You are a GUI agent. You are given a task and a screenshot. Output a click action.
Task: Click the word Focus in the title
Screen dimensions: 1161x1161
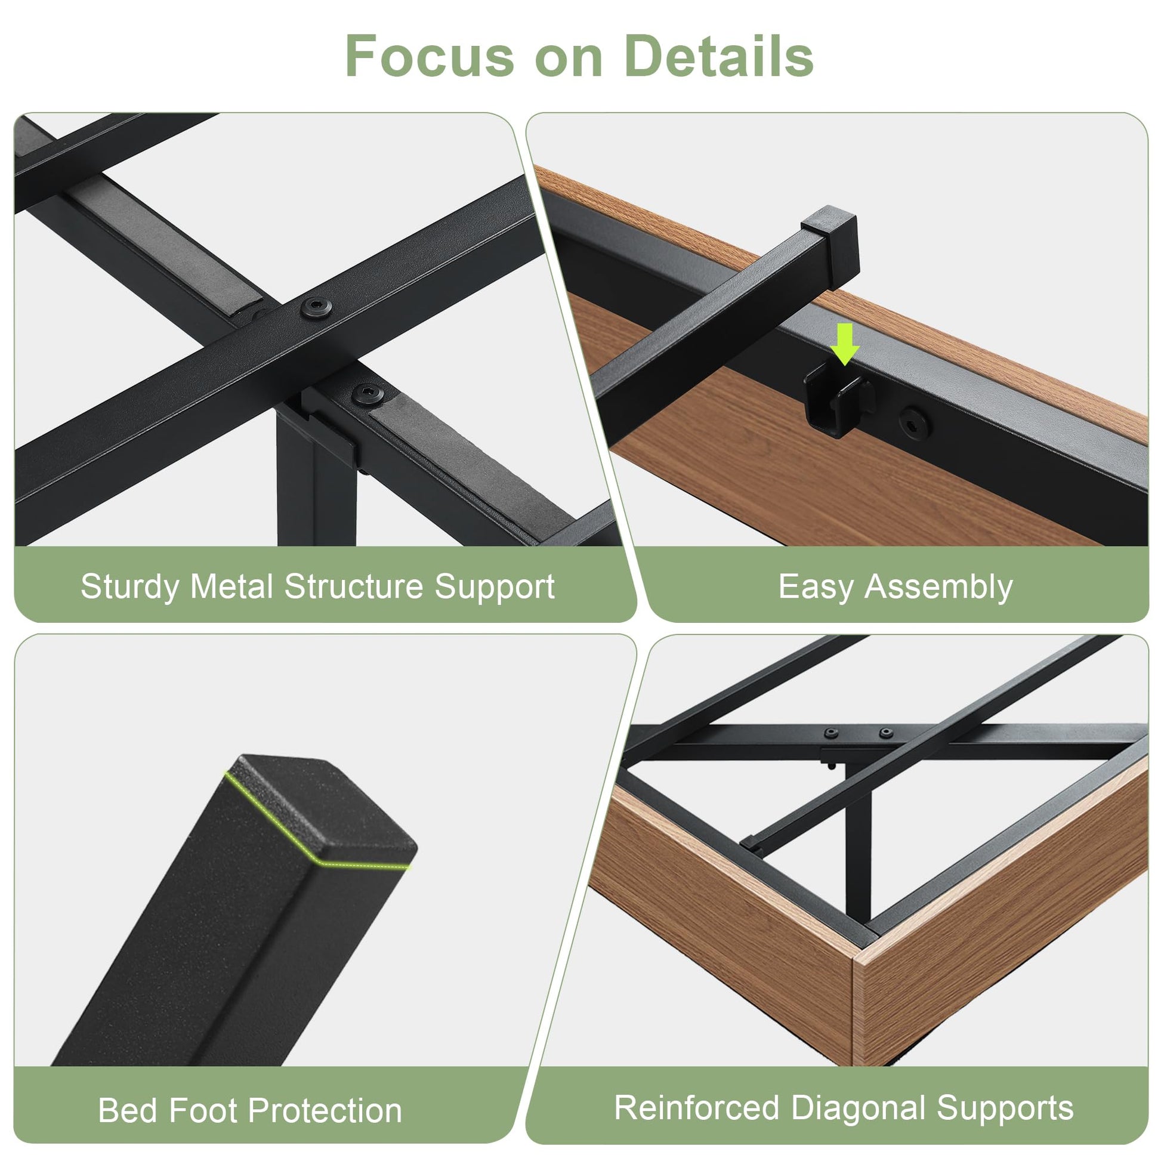coord(430,56)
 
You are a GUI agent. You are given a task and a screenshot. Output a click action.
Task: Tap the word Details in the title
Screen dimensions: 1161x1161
coord(719,56)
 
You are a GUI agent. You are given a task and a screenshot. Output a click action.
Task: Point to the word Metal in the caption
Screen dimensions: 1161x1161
coord(232,586)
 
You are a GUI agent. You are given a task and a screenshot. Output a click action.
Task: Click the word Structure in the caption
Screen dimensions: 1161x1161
coord(353,586)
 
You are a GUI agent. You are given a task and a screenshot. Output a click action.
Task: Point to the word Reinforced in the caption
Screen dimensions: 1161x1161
coord(696,1108)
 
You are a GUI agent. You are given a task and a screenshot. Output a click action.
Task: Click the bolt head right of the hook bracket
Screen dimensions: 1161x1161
coord(914,423)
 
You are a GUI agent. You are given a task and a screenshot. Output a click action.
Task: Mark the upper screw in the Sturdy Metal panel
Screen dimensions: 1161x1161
coord(316,308)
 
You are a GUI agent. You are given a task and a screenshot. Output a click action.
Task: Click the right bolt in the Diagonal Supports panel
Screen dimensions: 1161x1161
coord(886,733)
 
